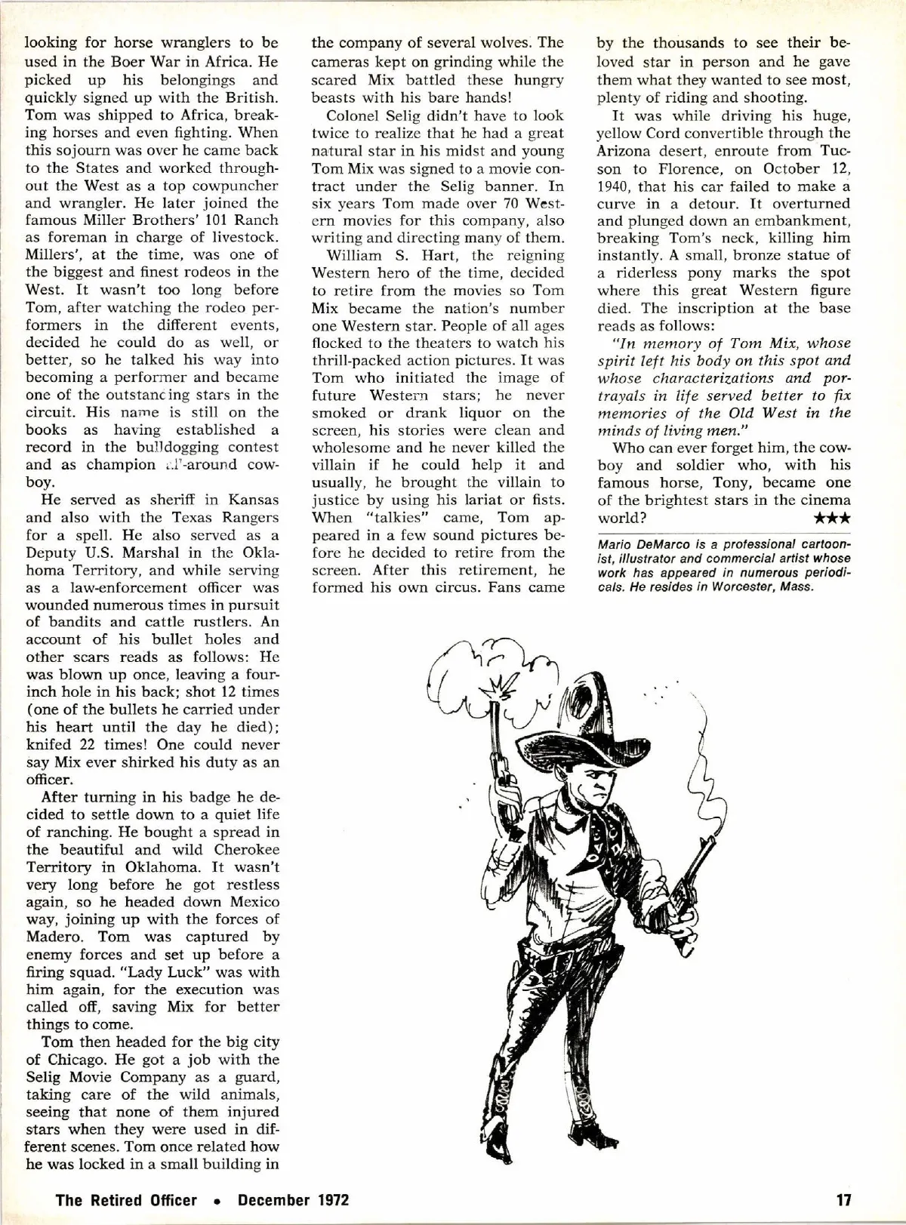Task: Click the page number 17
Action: pos(844,1199)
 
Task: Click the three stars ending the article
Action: pos(833,519)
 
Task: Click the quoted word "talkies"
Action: pos(389,518)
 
